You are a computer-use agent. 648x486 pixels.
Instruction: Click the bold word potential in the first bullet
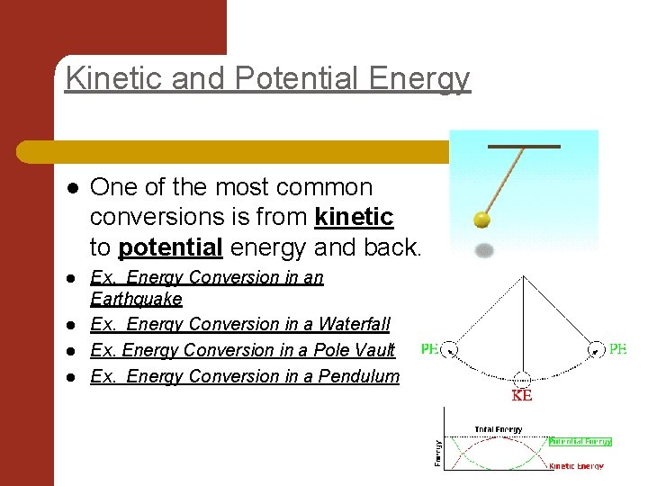(x=167, y=247)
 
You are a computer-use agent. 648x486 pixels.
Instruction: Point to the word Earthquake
(x=136, y=298)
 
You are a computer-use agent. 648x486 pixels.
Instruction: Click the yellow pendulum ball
(x=483, y=220)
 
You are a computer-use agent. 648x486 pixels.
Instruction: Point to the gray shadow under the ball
(x=483, y=250)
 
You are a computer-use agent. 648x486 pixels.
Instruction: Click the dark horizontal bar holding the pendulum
(x=524, y=146)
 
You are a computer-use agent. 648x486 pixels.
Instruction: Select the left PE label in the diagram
(x=429, y=349)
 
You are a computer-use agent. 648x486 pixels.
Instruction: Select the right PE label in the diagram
(x=617, y=349)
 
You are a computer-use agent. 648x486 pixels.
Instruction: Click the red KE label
(x=521, y=395)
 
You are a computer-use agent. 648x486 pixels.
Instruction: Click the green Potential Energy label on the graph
(x=580, y=442)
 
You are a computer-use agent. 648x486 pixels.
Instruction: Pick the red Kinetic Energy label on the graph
(x=576, y=466)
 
